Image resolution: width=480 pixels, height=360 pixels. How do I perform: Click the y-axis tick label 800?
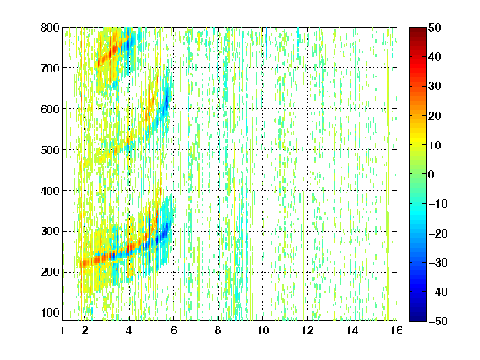click(50, 27)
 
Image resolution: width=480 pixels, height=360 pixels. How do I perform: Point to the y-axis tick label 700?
click(50, 68)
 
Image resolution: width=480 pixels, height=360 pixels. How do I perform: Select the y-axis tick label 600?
click(50, 109)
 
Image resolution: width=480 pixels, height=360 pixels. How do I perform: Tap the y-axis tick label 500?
click(50, 150)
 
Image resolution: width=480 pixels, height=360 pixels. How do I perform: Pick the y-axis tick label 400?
click(50, 191)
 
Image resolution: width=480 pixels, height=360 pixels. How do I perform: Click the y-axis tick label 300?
click(50, 232)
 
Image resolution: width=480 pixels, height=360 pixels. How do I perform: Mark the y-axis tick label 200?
click(50, 272)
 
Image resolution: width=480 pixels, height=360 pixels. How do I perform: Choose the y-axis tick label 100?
click(50, 312)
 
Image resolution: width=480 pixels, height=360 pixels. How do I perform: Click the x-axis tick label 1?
click(62, 330)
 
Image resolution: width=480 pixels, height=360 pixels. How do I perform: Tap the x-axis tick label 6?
click(173, 330)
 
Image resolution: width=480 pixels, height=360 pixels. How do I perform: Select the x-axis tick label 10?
click(262, 330)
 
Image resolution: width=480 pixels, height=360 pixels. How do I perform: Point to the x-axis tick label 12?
click(307, 330)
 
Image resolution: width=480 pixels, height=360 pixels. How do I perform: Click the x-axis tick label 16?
click(397, 330)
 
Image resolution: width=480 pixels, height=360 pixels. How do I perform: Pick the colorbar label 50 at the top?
click(435, 27)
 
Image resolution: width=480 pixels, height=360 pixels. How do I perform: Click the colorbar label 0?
click(432, 174)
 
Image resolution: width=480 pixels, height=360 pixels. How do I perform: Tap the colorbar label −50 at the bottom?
click(438, 321)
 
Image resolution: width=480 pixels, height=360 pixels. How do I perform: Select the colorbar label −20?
click(438, 233)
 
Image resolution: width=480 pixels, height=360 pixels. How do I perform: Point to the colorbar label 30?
click(435, 87)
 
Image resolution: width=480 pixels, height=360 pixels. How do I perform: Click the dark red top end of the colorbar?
click(417, 29)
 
